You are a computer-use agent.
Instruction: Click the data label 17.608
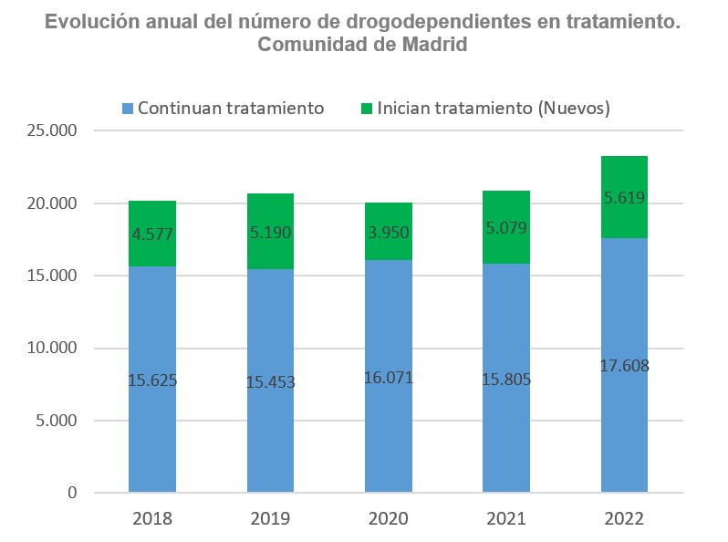pos(624,366)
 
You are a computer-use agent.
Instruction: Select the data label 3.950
pos(388,233)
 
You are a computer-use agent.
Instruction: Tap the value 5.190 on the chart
pos(270,233)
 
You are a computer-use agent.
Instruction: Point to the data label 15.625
pos(151,380)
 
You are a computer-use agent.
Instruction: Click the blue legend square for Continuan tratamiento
pos(128,109)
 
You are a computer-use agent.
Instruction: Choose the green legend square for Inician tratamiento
pos(367,109)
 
